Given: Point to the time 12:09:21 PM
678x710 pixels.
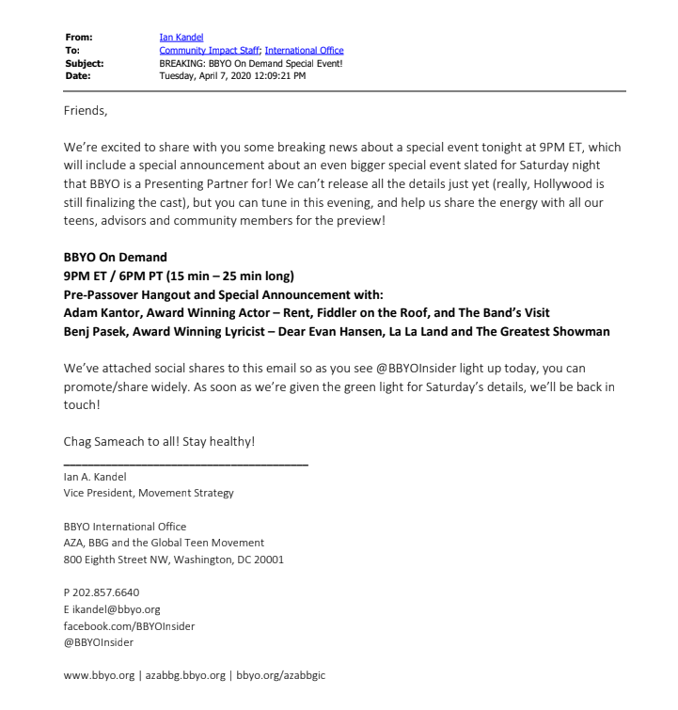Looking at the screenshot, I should [x=278, y=75].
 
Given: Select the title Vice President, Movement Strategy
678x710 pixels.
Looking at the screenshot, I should [x=149, y=492].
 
